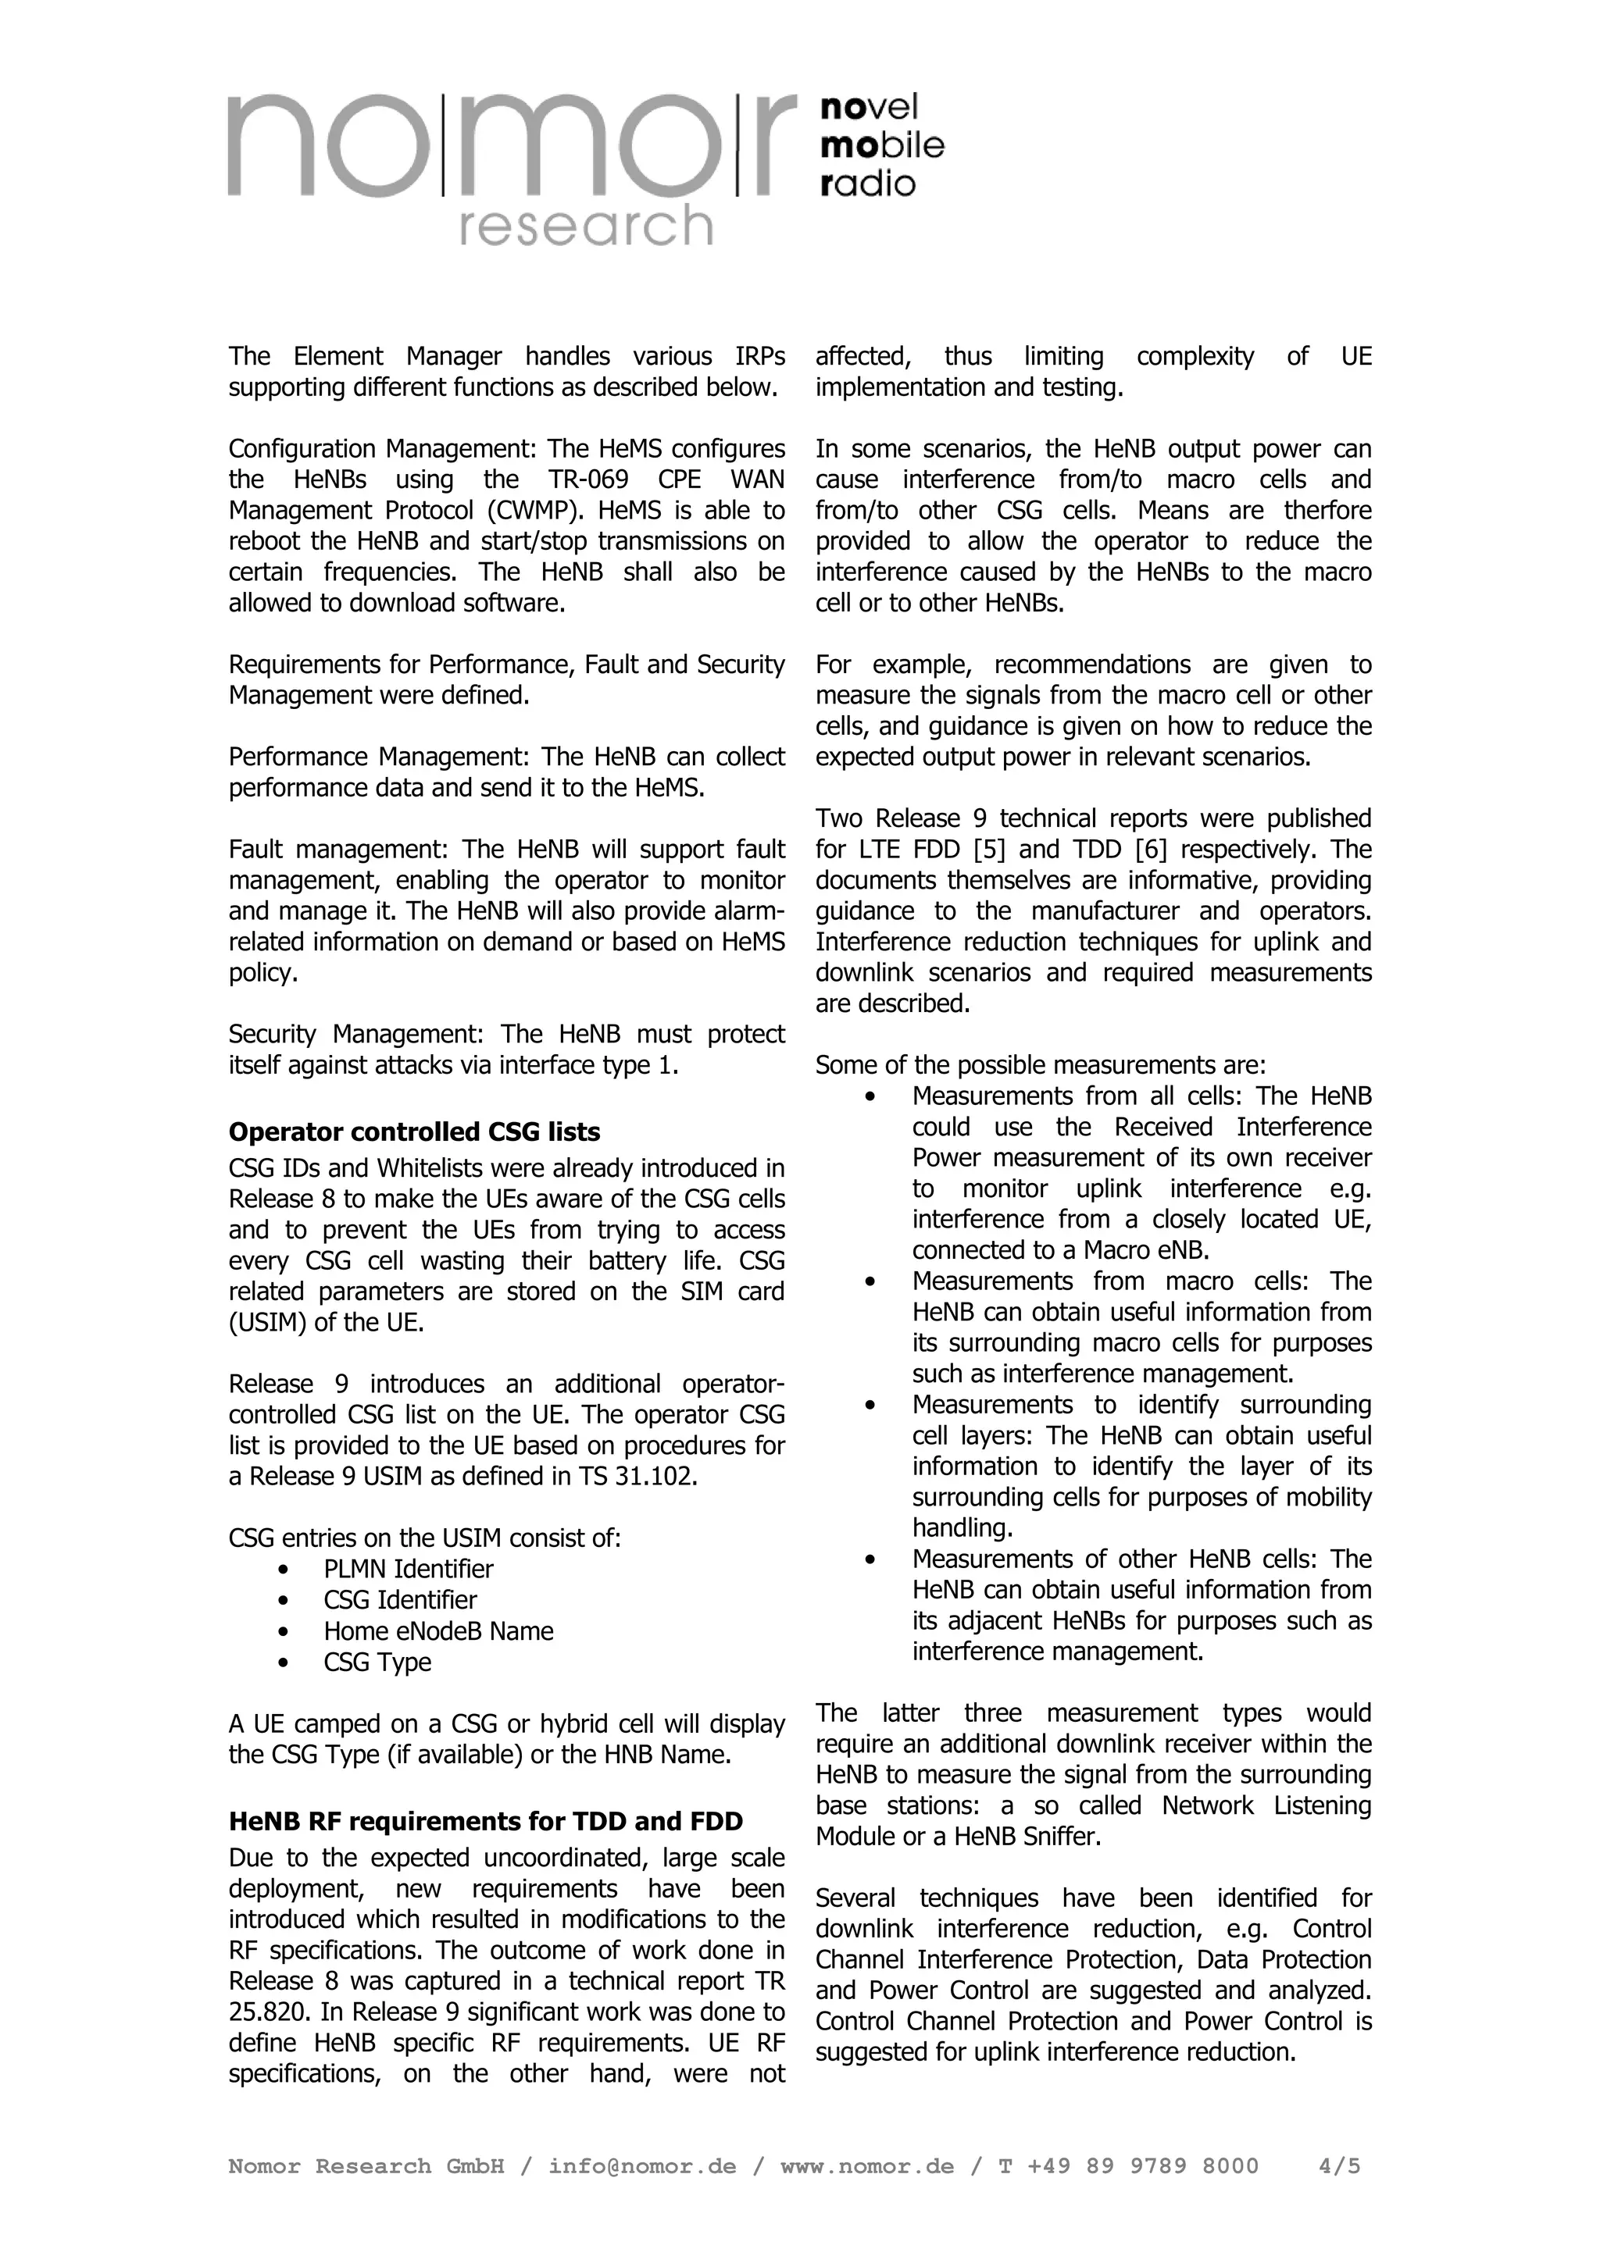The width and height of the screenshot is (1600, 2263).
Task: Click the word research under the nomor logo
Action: point(586,226)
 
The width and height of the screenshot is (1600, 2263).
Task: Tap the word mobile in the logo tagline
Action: point(881,145)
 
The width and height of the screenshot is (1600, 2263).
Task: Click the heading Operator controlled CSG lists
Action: point(414,1131)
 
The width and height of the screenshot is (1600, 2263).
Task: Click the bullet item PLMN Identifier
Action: point(408,1569)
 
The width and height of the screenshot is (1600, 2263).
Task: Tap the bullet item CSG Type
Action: point(377,1662)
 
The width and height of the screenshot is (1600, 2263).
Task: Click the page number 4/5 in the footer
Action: point(1339,2166)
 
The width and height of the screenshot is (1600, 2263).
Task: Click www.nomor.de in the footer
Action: point(866,2166)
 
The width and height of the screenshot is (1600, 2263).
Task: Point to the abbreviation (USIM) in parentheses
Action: point(267,1323)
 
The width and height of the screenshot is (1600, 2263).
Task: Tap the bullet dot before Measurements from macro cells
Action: point(869,1281)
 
